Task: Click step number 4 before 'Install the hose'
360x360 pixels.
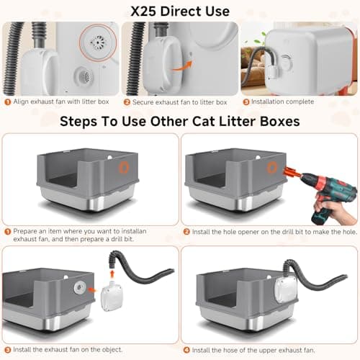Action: click(x=186, y=350)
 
